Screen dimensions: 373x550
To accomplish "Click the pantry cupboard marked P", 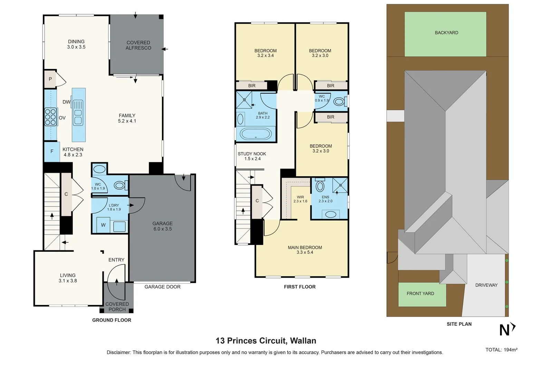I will coord(50,79).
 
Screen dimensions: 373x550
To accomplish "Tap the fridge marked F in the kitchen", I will coord(52,152).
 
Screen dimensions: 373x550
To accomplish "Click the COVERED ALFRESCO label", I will coord(138,45).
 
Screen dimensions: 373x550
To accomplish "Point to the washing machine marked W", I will coord(103,225).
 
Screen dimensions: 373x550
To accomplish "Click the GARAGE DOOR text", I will coord(162,287).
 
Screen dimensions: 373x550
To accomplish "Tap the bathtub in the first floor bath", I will coord(255,134).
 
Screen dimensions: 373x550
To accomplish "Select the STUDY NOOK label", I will coord(252,156).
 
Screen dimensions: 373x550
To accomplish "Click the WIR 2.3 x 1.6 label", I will coord(300,199).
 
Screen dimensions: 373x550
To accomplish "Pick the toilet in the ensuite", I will coord(320,186).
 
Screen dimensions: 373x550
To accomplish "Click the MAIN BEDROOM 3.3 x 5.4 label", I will coord(305,250).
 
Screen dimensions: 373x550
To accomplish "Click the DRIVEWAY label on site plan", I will coord(486,285).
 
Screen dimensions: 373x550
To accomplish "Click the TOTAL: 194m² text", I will coord(501,350).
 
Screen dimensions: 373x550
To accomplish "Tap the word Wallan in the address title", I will coord(303,341).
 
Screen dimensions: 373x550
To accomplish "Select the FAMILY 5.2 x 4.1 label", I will coord(127,118).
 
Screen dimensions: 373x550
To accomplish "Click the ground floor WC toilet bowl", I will coord(119,186).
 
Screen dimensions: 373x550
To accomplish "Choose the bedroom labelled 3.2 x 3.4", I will coord(265,53).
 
